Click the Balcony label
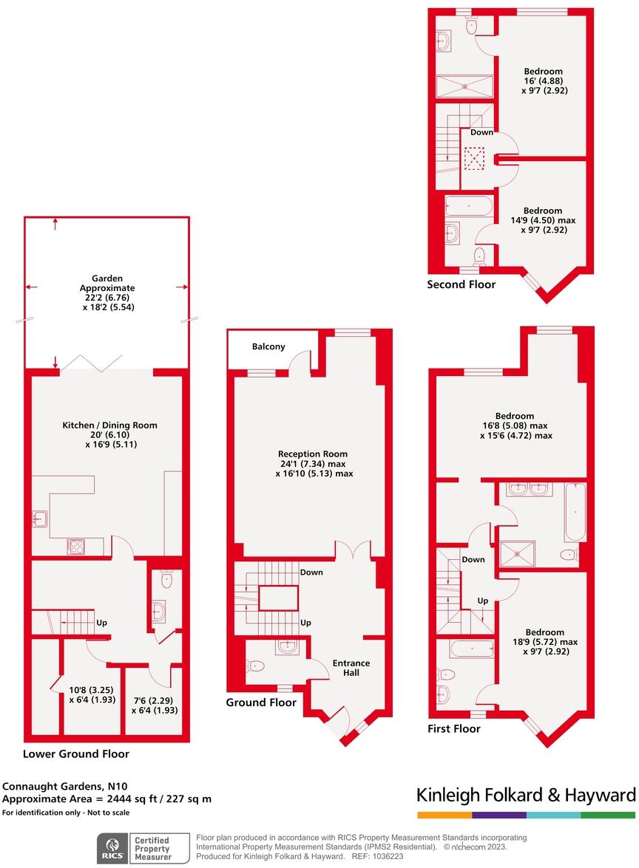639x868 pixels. [268, 346]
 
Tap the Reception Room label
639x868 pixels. [312, 454]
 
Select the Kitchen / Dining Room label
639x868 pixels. [109, 426]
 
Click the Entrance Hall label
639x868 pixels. [351, 668]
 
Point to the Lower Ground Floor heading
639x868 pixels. [75, 754]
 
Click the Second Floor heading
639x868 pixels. [461, 284]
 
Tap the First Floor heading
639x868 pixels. [454, 729]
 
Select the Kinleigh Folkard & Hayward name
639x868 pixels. [526, 796]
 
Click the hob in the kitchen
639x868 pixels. [76, 547]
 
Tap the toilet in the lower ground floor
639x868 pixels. [166, 578]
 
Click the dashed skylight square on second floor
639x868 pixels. [473, 158]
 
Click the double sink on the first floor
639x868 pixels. [528, 489]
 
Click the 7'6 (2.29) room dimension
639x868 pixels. [151, 700]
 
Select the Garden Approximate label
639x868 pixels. [108, 283]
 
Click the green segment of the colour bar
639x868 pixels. [608, 815]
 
